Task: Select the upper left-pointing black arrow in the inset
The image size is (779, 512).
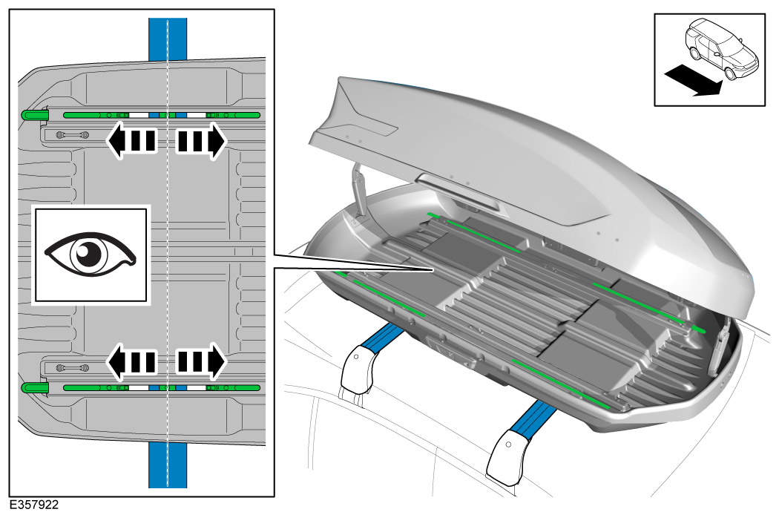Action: [132, 141]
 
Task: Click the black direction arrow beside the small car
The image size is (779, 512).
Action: [692, 80]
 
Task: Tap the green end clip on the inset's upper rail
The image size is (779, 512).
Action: [34, 115]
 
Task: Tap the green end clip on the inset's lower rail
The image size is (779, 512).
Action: [34, 387]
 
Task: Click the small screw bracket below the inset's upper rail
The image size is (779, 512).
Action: [73, 134]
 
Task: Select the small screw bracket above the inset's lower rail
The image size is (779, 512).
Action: [73, 368]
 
